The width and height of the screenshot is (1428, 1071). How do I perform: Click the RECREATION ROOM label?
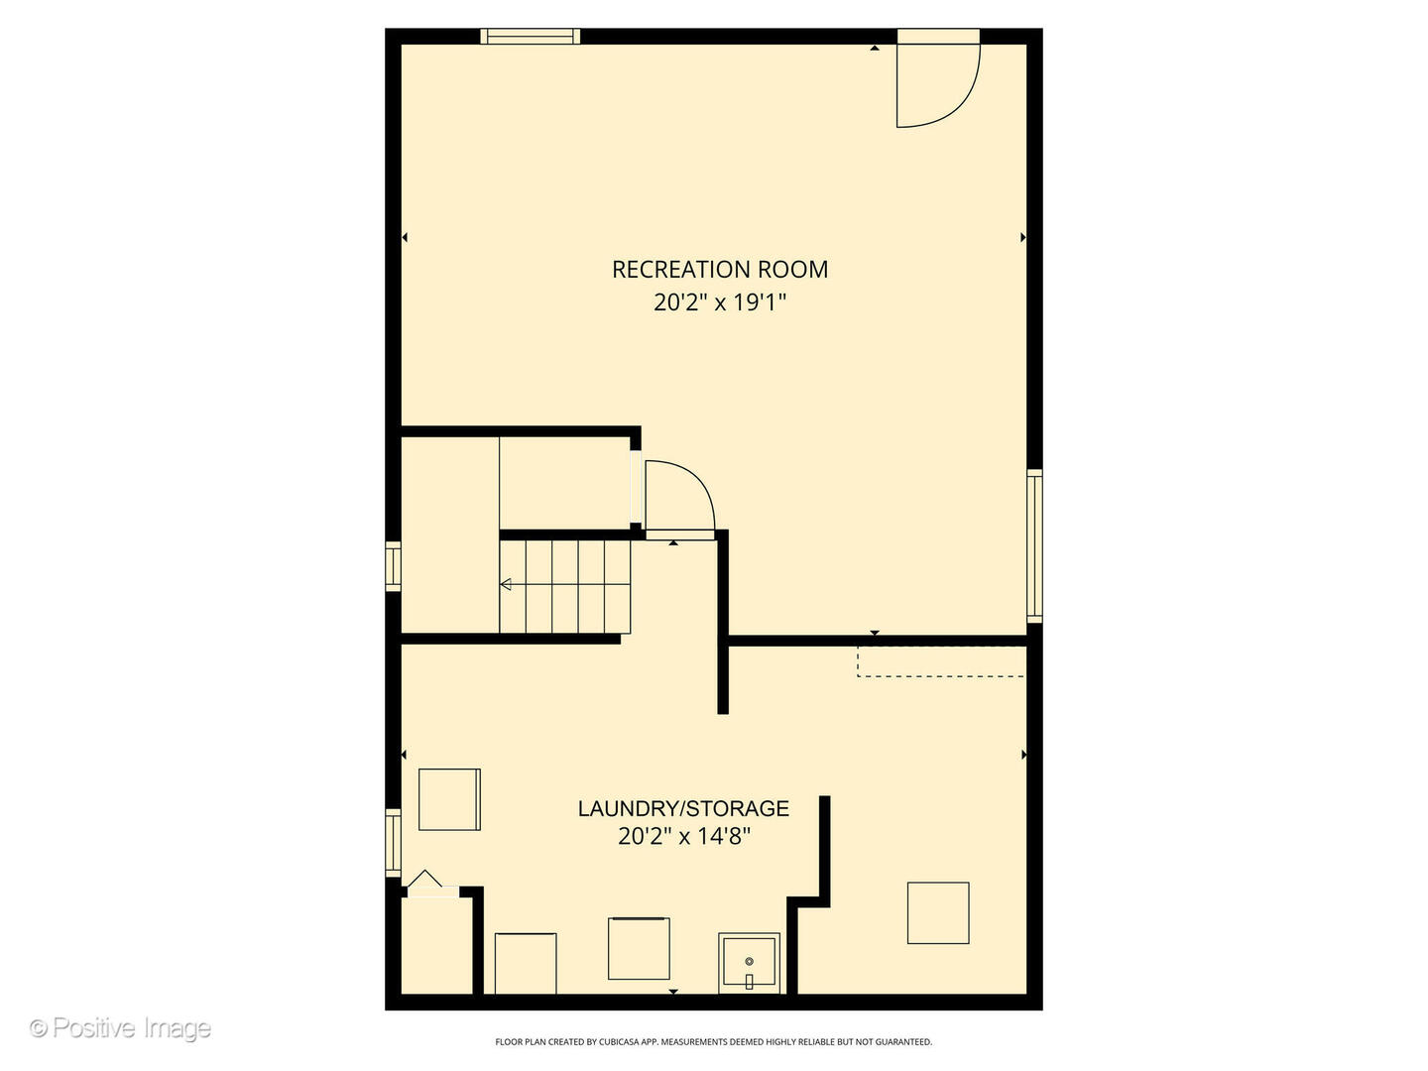720,269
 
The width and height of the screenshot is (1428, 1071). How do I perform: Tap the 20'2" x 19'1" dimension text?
720,301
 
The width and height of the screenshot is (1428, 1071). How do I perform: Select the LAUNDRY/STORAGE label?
683,808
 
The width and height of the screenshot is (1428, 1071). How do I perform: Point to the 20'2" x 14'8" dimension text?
683,836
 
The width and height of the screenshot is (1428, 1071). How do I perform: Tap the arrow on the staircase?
506,585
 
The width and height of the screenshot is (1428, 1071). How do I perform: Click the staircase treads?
565,586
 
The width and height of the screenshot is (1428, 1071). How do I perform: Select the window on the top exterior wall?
531,37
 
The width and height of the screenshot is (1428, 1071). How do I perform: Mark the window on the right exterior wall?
1034,545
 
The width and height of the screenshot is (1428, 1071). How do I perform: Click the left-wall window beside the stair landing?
394,567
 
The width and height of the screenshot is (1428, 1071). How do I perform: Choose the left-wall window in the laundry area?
394,842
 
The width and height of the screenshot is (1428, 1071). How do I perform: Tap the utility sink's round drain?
750,961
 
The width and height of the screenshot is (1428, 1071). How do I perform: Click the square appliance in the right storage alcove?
938,912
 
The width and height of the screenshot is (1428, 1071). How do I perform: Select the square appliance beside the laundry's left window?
449,799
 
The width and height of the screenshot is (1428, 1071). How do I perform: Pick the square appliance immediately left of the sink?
639,949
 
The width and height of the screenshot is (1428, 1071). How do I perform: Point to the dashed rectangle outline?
940,661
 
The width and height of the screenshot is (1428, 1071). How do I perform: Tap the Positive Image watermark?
121,1028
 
